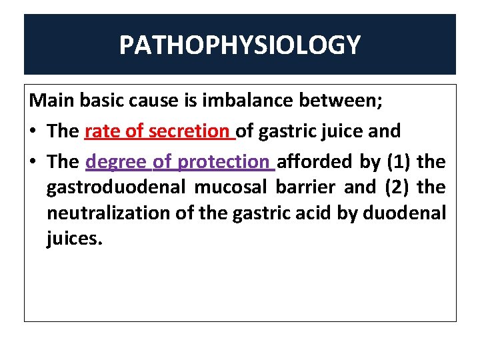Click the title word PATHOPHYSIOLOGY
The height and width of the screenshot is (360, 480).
tap(240, 45)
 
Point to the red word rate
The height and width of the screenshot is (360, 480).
tap(103, 131)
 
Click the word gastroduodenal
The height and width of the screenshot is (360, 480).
tap(117, 187)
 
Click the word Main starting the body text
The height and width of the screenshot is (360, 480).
tap(51, 101)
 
